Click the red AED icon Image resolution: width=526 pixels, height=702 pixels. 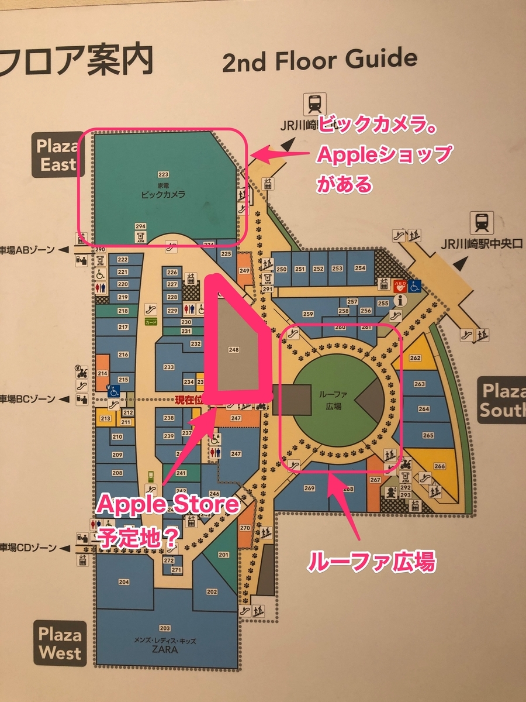click(x=400, y=286)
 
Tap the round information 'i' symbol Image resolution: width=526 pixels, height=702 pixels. click(x=401, y=301)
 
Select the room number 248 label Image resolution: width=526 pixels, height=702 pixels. click(x=234, y=350)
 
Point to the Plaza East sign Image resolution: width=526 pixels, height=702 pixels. click(x=57, y=155)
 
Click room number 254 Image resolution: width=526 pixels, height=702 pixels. click(x=360, y=269)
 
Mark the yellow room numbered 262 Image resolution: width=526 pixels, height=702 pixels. click(x=416, y=358)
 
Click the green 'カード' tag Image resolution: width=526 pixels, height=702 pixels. click(x=151, y=322)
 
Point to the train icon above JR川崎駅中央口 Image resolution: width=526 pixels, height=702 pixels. click(x=483, y=222)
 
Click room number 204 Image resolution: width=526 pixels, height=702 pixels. click(x=123, y=582)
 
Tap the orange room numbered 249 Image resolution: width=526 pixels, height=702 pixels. click(x=244, y=270)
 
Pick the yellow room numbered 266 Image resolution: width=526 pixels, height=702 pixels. click(x=439, y=466)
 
